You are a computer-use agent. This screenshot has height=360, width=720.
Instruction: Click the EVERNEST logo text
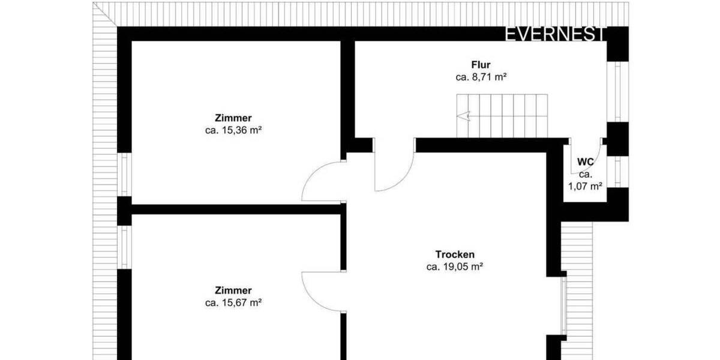tap(554, 34)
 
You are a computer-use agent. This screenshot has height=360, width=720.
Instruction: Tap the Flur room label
tap(481, 65)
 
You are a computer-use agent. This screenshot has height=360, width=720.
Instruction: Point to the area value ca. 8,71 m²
tap(481, 77)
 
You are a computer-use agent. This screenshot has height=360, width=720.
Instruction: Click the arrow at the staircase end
tap(461, 116)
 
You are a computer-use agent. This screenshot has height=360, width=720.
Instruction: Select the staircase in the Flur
tap(503, 115)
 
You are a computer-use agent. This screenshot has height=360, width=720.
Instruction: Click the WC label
tap(586, 162)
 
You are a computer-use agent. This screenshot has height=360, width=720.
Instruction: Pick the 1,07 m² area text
tap(585, 186)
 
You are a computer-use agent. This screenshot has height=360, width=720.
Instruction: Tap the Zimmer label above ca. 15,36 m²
tap(233, 118)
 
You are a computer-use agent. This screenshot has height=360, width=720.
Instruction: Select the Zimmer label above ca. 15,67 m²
tap(233, 290)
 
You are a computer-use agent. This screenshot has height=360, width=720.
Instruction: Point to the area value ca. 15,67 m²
tap(233, 303)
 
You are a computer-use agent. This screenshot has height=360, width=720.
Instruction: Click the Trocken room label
tap(455, 254)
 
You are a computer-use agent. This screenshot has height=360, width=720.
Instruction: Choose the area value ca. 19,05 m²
tap(455, 267)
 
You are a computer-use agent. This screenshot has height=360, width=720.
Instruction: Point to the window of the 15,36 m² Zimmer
tap(124, 175)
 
